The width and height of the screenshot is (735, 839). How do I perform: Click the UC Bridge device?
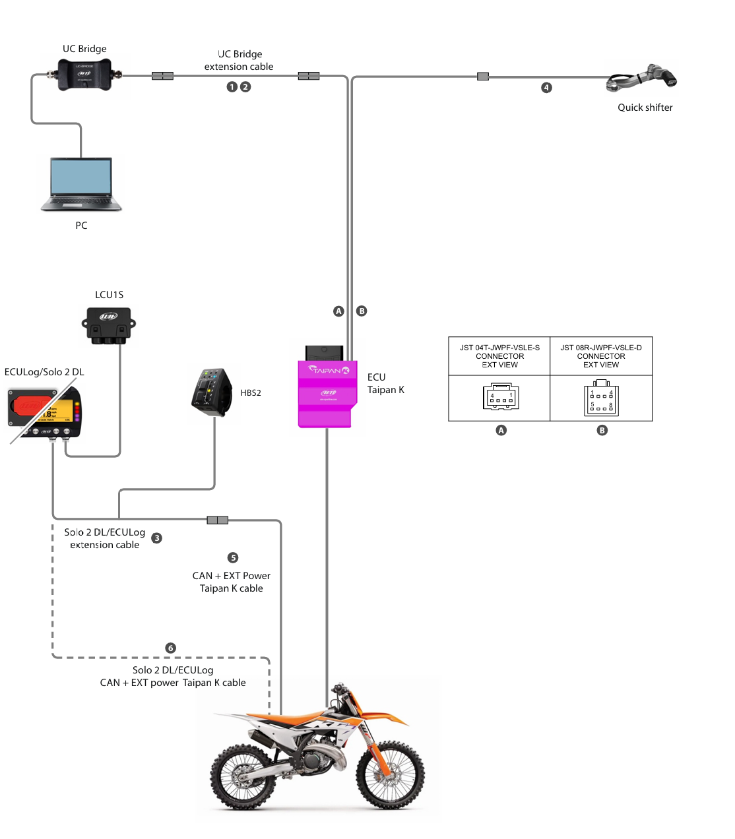[84, 74]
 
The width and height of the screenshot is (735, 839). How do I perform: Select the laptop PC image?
[81, 184]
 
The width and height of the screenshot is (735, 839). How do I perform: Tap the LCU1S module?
[109, 325]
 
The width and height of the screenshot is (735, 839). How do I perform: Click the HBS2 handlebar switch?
[211, 392]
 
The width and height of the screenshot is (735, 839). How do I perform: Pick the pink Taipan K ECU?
[327, 393]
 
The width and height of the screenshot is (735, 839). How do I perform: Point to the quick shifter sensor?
[643, 80]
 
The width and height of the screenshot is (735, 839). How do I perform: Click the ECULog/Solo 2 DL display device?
[44, 414]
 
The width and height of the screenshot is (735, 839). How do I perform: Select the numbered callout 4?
[546, 87]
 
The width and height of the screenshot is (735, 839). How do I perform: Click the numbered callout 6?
[170, 648]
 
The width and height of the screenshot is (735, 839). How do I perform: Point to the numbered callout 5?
[233, 557]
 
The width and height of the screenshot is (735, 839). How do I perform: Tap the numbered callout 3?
[156, 538]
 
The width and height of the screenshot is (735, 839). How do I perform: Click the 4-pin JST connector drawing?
[501, 397]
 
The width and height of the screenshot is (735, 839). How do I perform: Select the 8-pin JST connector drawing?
[601, 398]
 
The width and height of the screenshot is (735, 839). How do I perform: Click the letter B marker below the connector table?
[602, 430]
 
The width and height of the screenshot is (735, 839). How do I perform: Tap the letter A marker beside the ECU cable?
[338, 311]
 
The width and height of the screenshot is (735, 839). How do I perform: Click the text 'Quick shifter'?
[645, 108]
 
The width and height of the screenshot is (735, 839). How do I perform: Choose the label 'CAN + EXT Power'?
[231, 576]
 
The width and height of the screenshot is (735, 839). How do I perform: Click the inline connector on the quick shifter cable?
[483, 77]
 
